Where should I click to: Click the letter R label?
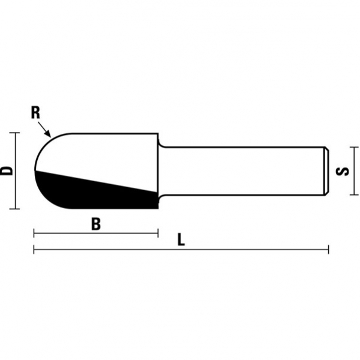pos(35,112)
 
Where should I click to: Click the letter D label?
pos(7,170)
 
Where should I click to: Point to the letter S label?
pos(343,171)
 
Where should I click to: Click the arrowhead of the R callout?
pos(50,135)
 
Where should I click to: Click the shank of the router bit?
pos(240,170)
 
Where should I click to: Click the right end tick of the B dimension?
pos(157,233)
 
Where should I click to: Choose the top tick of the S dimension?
pos(355,147)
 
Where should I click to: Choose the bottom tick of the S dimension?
pos(355,194)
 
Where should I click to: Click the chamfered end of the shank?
pos(326,170)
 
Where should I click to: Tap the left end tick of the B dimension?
pos(34,233)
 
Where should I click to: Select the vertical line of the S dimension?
pos(355,171)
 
